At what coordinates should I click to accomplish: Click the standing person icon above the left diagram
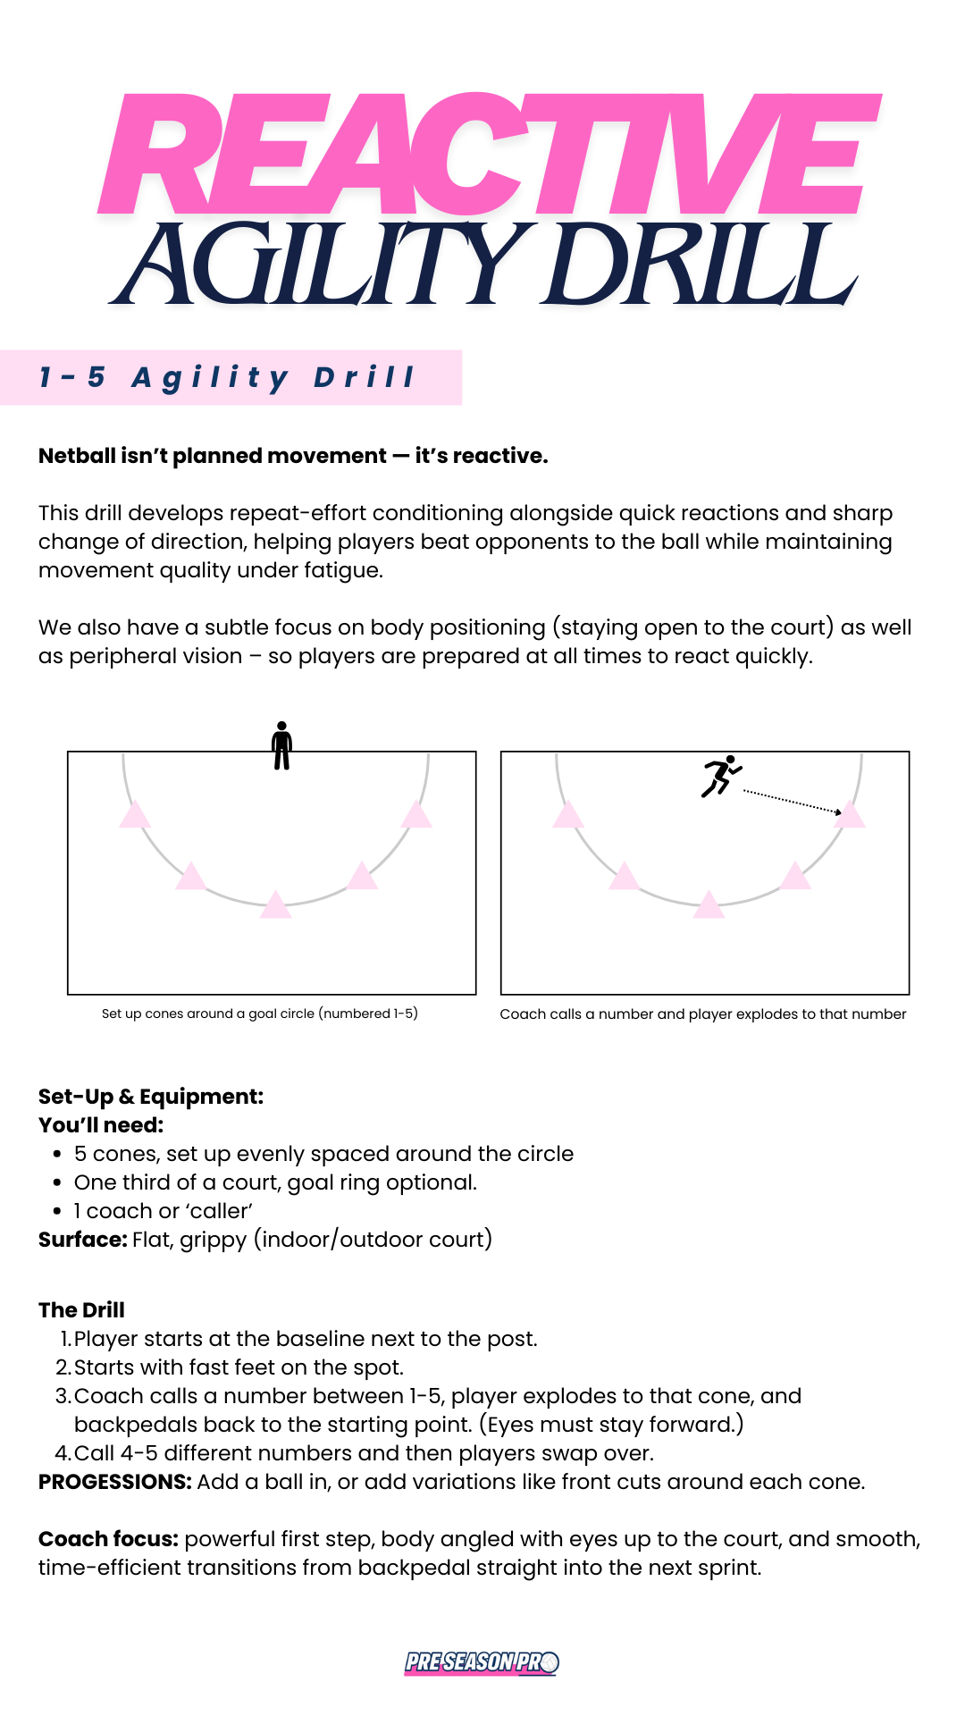pos(281,745)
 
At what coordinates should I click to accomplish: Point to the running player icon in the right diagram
pos(721,776)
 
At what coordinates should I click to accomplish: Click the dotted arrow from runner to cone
pos(791,801)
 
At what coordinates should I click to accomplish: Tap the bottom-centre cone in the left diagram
pos(275,905)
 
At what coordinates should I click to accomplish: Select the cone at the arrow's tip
pos(850,814)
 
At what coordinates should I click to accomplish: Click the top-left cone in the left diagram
pos(135,815)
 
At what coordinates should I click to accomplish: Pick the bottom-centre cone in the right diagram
pos(709,905)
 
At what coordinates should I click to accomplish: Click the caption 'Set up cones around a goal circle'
pos(259,1014)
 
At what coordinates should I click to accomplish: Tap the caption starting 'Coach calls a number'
pos(702,1014)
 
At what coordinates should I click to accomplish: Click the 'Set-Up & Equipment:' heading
pos(151,1097)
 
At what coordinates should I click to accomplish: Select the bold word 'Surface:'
pos(83,1240)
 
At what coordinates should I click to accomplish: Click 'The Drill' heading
pos(81,1310)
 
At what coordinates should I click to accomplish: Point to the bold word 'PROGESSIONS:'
pos(114,1482)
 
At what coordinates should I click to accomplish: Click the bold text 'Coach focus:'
pos(108,1539)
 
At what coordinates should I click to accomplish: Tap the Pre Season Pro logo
pos(482,1662)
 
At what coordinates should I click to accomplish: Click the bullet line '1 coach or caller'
pos(163,1211)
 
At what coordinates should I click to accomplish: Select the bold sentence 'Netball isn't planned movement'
pos(293,456)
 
